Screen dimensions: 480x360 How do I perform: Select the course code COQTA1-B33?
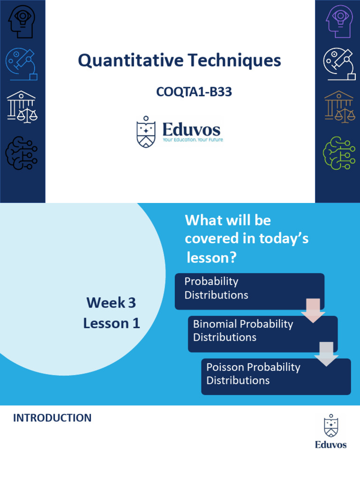pos(194,92)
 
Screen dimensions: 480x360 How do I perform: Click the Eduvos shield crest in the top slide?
pos(146,133)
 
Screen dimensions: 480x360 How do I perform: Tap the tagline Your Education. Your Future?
pos(193,140)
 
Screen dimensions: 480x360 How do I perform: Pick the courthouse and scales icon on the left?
pos(22,107)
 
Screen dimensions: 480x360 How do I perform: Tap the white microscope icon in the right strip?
pos(339,64)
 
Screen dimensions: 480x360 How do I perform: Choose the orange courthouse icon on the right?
pos(339,107)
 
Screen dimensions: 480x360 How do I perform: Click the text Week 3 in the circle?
pos(111,303)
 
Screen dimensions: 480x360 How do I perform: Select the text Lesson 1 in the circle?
pos(112,323)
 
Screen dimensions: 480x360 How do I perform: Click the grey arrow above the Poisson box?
pos(326,354)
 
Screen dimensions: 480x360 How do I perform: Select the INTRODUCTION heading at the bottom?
pos(52,418)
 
